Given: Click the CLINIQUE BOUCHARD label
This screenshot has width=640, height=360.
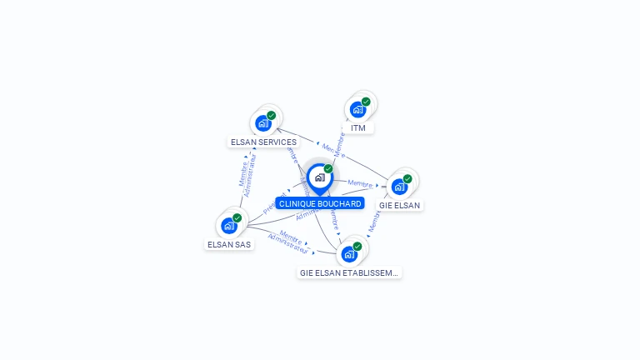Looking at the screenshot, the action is click(320, 203).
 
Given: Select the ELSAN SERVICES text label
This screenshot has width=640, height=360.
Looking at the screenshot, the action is click(263, 142).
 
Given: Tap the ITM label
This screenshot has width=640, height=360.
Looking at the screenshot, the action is click(358, 128).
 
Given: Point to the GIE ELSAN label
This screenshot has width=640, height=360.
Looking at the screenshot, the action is click(400, 205).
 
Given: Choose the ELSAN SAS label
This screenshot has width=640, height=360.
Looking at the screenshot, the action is click(229, 245).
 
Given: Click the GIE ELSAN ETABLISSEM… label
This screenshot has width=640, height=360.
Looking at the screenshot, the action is click(349, 272).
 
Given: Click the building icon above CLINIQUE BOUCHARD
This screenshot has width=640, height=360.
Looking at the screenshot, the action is click(319, 177).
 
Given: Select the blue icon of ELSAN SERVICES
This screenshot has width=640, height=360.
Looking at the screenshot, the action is click(263, 123).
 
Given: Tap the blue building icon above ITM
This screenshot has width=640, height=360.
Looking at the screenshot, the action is click(357, 109).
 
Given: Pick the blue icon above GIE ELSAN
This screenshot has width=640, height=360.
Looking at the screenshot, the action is click(399, 187).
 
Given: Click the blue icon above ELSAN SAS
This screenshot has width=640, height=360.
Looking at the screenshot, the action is click(228, 226).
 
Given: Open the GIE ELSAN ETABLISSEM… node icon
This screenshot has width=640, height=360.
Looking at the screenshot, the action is click(348, 254).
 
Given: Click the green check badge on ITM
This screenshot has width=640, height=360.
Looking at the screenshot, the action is click(366, 102).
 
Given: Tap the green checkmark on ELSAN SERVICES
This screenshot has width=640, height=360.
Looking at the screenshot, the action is click(272, 116).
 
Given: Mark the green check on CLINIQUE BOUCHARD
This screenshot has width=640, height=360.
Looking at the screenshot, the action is click(328, 169).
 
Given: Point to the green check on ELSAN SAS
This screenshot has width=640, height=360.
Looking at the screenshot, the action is click(237, 218).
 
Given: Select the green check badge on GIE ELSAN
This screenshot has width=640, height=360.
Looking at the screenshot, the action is click(407, 178).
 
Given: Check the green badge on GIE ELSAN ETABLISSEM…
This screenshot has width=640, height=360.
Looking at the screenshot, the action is click(357, 247).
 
